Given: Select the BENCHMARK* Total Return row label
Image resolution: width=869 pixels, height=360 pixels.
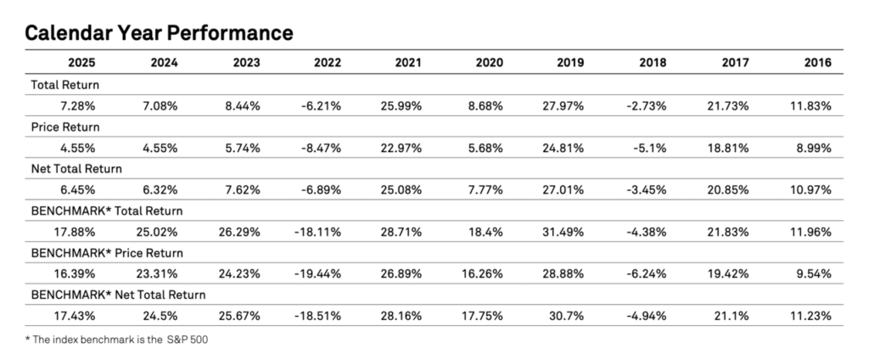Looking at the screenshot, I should point(107,211).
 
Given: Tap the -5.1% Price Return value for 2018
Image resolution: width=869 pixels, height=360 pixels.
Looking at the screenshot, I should point(654,147).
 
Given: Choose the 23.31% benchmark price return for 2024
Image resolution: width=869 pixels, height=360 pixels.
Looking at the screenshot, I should point(160,273).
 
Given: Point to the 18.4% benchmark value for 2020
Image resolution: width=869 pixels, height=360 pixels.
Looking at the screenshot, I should point(491,231).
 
